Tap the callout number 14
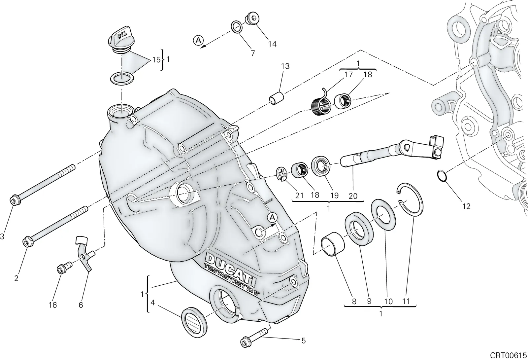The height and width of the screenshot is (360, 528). [272, 44]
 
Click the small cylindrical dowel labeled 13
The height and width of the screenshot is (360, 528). [276, 99]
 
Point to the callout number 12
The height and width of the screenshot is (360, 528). [467, 206]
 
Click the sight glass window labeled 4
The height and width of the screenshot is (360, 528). [194, 322]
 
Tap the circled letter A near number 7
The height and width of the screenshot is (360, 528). [198, 40]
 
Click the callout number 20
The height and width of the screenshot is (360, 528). [353, 196]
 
